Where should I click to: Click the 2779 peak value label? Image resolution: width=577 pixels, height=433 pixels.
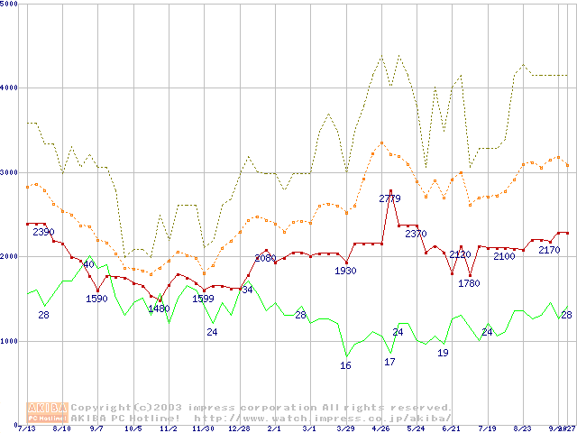click(x=389, y=198)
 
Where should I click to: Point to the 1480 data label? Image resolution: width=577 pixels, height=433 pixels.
click(x=159, y=309)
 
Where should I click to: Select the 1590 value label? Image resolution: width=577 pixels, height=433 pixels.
click(x=96, y=299)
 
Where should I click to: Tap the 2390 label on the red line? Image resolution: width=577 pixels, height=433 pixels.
click(x=43, y=233)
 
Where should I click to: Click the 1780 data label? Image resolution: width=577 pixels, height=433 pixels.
click(x=469, y=283)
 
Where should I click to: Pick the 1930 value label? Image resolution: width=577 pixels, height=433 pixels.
click(x=345, y=271)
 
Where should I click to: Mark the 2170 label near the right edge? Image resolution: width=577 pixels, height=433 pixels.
click(x=549, y=250)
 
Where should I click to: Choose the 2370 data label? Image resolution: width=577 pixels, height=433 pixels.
click(x=416, y=235)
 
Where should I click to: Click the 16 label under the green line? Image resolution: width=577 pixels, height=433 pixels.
click(x=345, y=365)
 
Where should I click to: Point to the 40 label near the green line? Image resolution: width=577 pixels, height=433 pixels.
click(x=88, y=264)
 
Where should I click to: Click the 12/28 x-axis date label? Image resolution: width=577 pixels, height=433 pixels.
click(x=239, y=428)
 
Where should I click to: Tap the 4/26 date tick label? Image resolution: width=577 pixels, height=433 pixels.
click(x=380, y=428)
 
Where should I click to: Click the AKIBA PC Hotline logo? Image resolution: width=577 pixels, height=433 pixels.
click(x=48, y=412)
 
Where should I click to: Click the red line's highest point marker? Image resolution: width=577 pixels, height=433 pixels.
click(x=390, y=191)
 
